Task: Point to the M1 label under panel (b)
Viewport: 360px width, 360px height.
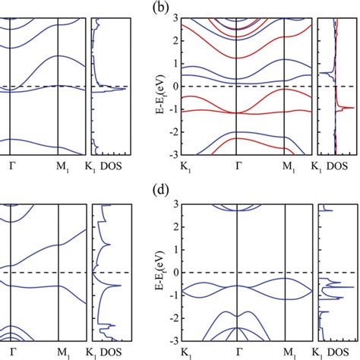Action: click(x=288, y=165)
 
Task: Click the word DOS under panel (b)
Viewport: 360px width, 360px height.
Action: click(x=339, y=165)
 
